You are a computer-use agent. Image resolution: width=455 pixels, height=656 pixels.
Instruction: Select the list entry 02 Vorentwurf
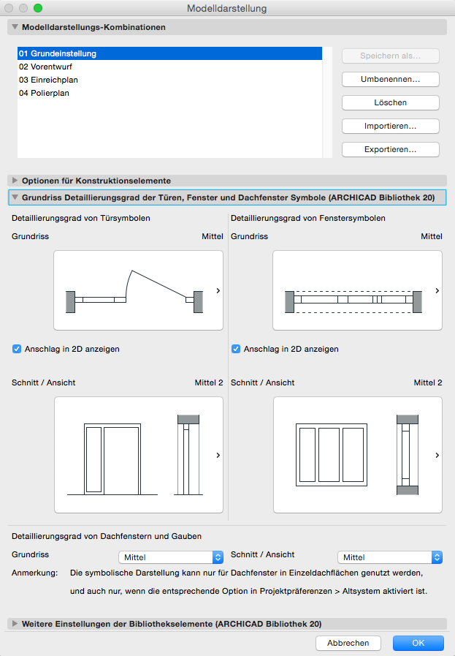(x=46, y=67)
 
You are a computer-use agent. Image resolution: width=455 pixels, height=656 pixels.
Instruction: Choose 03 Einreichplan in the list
(x=49, y=80)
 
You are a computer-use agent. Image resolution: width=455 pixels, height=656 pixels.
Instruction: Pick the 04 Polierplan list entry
(x=45, y=93)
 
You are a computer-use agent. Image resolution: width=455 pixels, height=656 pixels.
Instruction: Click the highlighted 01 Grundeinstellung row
(x=58, y=53)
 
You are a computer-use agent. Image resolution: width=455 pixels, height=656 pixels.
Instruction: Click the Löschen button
(x=390, y=102)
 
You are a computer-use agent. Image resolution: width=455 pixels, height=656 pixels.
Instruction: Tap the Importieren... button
(x=390, y=126)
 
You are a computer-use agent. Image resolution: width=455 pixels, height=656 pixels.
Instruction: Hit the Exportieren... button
(x=390, y=149)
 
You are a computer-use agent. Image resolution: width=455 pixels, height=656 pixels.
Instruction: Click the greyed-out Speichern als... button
(x=390, y=56)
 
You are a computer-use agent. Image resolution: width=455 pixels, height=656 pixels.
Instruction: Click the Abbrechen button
(x=348, y=643)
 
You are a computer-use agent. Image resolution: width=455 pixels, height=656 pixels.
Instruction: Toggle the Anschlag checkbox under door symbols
(x=18, y=349)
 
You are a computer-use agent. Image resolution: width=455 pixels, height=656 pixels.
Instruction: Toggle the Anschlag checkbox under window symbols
(x=236, y=349)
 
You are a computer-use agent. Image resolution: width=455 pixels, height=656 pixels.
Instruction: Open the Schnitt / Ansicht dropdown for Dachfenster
(x=389, y=557)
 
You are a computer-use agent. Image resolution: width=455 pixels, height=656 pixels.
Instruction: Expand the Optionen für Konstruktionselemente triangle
(x=15, y=180)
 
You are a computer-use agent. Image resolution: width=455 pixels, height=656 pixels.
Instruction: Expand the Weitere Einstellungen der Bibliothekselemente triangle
(x=15, y=624)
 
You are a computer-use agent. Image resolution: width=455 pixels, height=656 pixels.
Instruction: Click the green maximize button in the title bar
(x=38, y=8)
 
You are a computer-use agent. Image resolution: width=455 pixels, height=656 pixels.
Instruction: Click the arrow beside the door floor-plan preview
(x=218, y=291)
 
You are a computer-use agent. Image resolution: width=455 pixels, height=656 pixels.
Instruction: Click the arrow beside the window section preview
(x=437, y=455)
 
